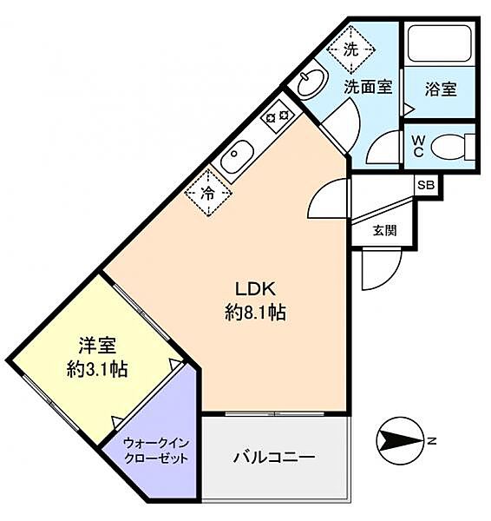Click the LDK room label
255,289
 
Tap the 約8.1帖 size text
255,313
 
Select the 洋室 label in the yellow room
97,346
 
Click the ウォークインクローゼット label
156,451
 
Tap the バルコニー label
274,458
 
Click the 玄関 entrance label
384,230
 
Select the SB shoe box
426,185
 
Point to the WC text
419,147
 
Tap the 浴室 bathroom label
441,89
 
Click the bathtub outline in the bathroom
439,44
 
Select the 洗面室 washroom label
368,87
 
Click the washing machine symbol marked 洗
350,49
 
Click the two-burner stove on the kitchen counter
278,116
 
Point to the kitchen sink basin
237,157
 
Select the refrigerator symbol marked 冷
208,193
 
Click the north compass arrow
401,440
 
